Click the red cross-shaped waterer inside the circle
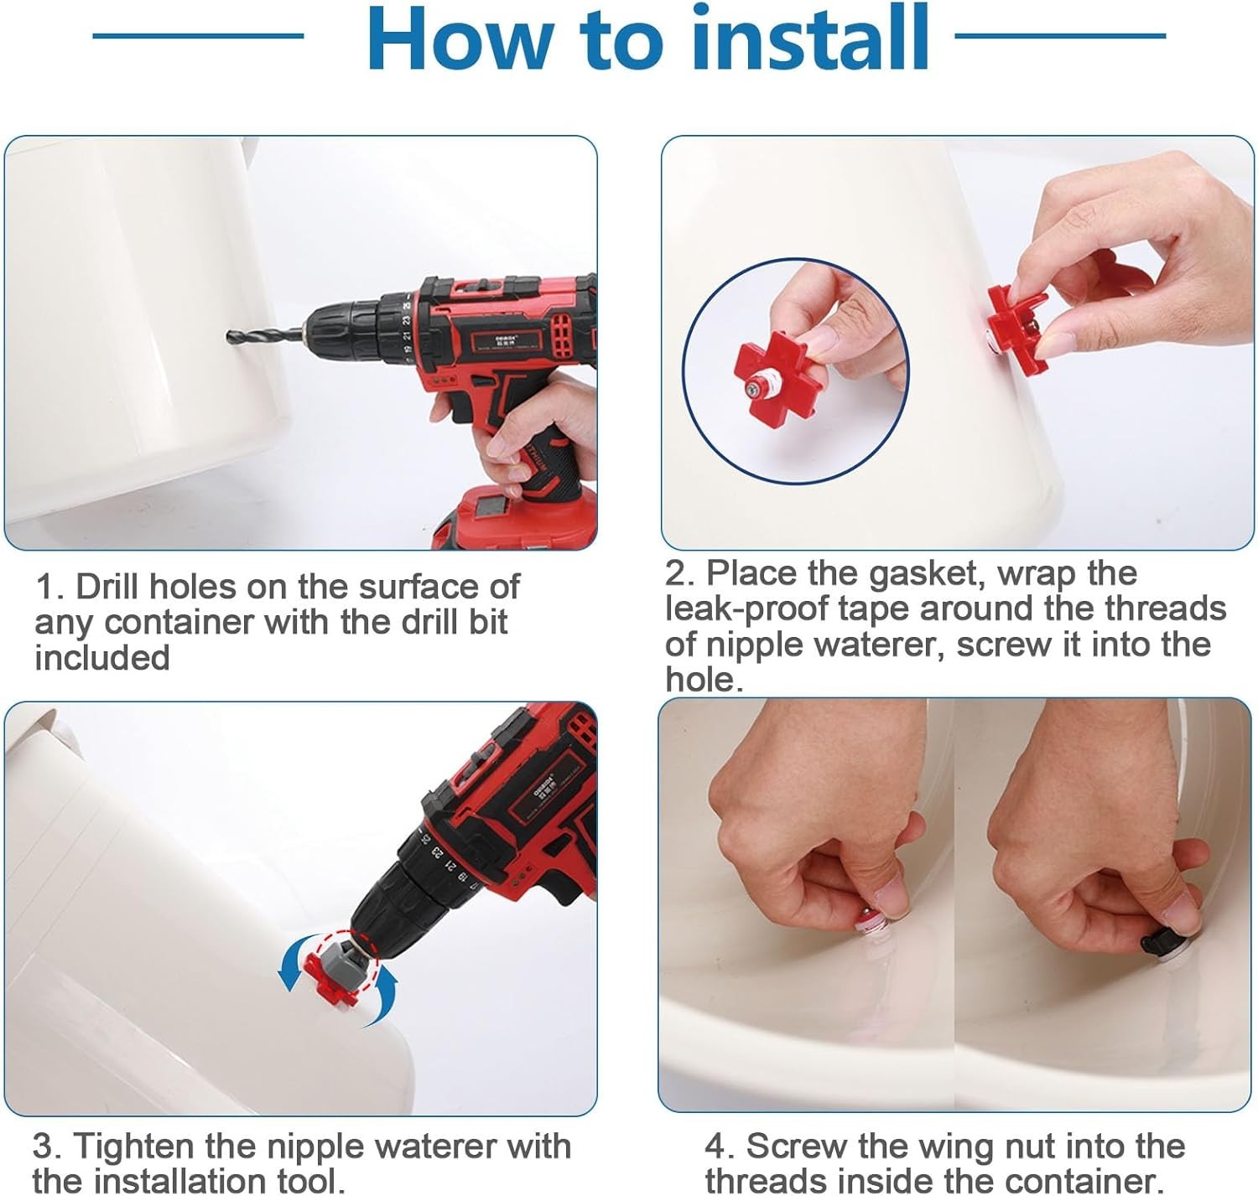777,371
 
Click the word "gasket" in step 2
923,574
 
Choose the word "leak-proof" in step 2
746,609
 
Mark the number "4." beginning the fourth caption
720,1146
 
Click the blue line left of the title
198,36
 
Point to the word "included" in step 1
101,657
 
